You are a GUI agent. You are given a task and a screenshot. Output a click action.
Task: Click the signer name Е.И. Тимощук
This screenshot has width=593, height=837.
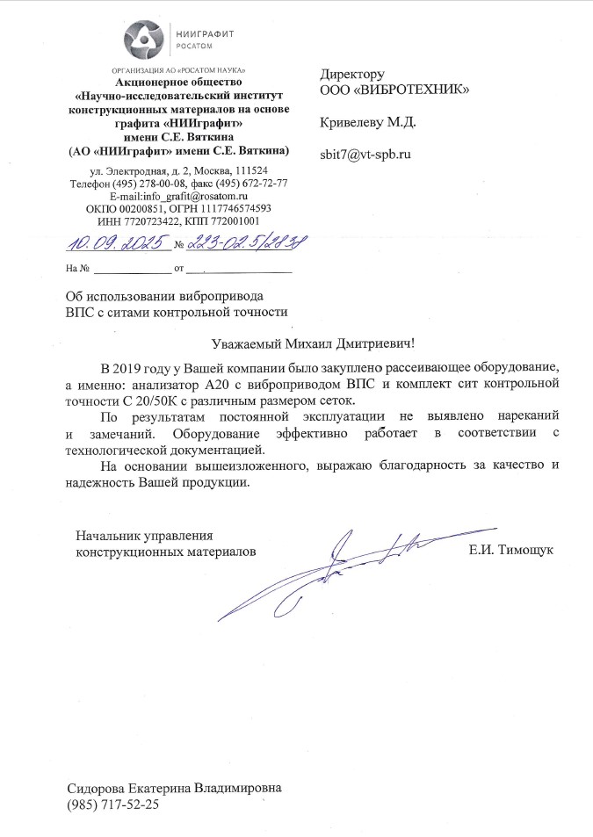(x=512, y=550)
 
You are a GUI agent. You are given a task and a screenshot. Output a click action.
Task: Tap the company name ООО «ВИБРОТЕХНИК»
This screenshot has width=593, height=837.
(x=394, y=90)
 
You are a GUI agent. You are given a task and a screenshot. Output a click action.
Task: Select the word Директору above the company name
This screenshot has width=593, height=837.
(x=353, y=74)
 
